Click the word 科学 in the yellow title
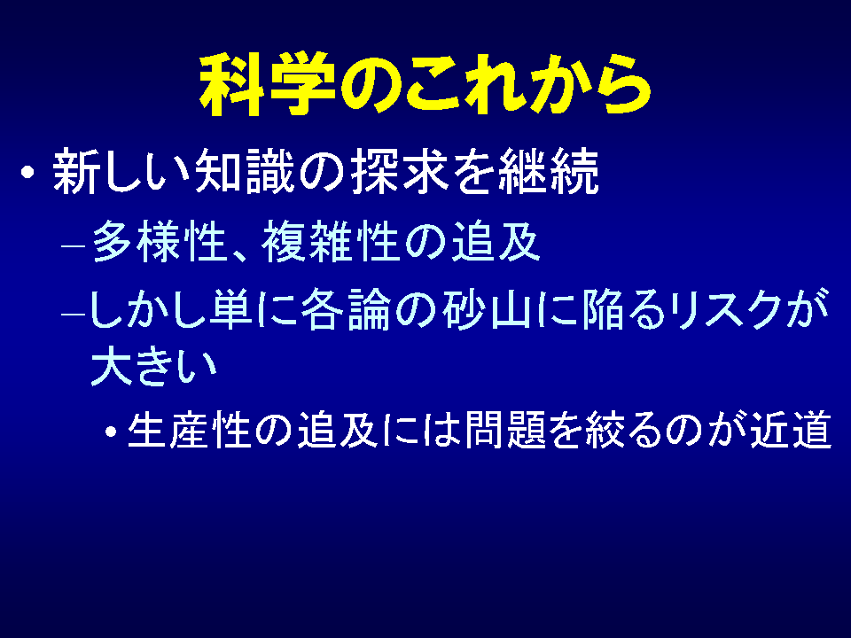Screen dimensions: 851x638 coord(267,84)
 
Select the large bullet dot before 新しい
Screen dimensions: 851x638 coord(27,173)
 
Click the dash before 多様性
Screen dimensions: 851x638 coord(74,245)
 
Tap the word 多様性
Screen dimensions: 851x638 coord(159,242)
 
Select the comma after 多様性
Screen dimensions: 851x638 coord(241,255)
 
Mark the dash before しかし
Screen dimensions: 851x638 coord(74,315)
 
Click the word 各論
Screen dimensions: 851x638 coord(346,310)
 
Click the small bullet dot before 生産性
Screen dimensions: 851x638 coord(112,432)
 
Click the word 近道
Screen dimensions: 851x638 coord(791,429)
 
